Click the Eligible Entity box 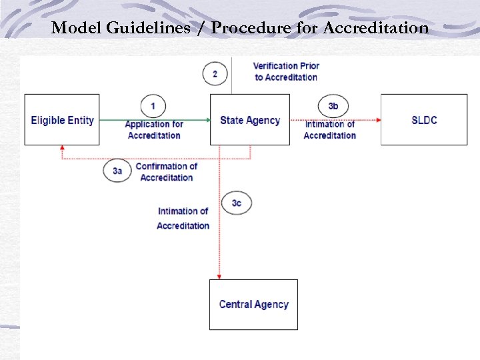pyautogui.click(x=62, y=120)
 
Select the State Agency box pyautogui.click(x=250, y=120)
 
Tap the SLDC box pyautogui.click(x=424, y=120)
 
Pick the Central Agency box pyautogui.click(x=253, y=305)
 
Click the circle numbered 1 pyautogui.click(x=153, y=106)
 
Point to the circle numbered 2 pyautogui.click(x=215, y=73)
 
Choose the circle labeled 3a pyautogui.click(x=117, y=171)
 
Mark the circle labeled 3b pyautogui.click(x=333, y=106)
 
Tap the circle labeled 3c pyautogui.click(x=237, y=203)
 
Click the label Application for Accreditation pyautogui.click(x=154, y=130)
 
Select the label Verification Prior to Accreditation pyautogui.click(x=286, y=71)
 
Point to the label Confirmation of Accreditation pyautogui.click(x=166, y=172)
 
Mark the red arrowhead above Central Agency pyautogui.click(x=219, y=275)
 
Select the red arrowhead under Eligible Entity pyautogui.click(x=62, y=149)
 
